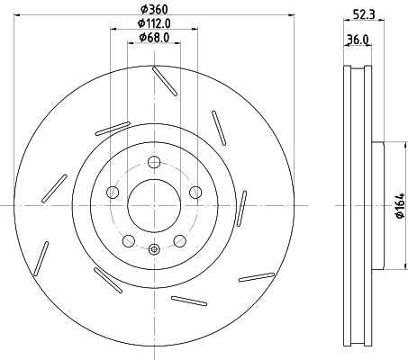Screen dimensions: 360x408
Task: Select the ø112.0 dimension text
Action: (x=155, y=23)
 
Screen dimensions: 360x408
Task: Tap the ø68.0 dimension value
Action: (x=156, y=38)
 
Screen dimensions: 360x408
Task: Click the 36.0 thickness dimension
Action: (x=359, y=40)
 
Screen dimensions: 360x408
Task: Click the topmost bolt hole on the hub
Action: (x=154, y=162)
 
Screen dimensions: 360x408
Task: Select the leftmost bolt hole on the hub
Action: (x=113, y=192)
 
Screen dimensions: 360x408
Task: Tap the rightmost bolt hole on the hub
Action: (x=195, y=192)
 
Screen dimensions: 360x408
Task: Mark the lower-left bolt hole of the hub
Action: (x=128, y=240)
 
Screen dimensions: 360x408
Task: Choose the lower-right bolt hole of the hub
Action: (x=180, y=240)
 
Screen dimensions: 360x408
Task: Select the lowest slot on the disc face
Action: (x=189, y=301)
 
